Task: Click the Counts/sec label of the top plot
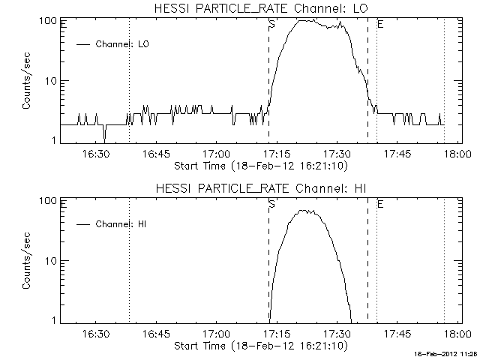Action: click(27, 80)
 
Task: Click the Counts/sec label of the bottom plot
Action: click(27, 260)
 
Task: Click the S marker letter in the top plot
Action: click(271, 25)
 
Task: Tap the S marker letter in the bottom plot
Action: click(271, 204)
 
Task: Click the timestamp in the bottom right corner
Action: click(447, 352)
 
